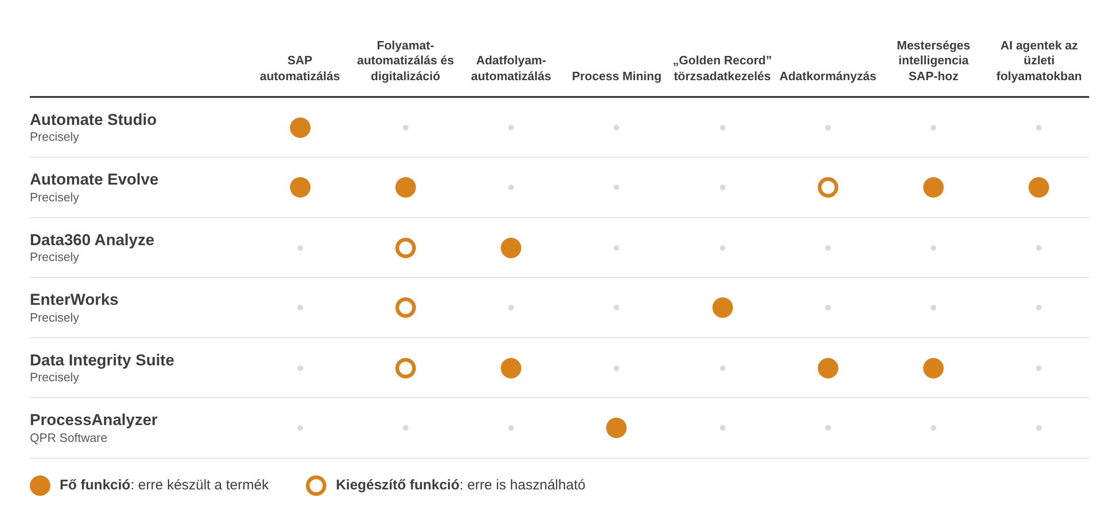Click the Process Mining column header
(616, 76)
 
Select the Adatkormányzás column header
(828, 76)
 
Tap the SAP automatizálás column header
(300, 68)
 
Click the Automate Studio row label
(93, 120)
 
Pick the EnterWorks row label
(74, 300)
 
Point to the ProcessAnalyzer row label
(94, 420)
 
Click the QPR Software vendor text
(69, 438)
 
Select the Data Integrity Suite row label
(102, 360)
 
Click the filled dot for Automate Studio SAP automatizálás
(300, 128)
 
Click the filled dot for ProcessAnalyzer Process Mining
(616, 428)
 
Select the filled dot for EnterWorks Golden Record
(723, 308)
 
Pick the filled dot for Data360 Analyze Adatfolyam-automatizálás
(511, 248)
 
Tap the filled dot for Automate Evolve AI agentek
(1039, 187)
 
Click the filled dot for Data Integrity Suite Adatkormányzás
(828, 368)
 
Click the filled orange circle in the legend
(40, 486)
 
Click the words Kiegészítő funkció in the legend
(398, 485)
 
